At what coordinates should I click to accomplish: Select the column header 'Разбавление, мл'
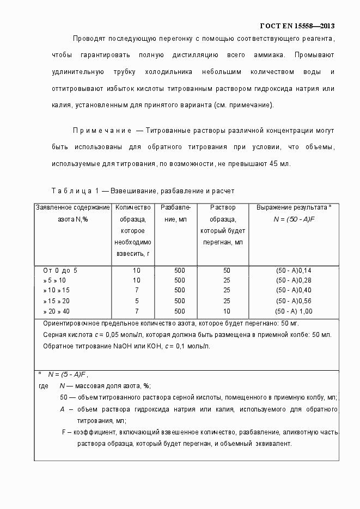(175, 213)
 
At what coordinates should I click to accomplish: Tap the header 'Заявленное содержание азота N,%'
(72, 213)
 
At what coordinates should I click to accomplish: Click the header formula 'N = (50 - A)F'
(294, 219)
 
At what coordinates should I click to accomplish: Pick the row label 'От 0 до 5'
(60, 270)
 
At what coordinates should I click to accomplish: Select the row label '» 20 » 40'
(57, 311)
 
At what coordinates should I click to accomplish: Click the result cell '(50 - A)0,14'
(294, 270)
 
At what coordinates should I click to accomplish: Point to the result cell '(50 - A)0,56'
(294, 301)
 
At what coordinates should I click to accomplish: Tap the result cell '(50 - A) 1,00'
(294, 311)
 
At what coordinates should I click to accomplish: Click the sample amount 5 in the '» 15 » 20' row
(136, 301)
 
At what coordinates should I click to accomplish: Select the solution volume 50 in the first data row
(227, 270)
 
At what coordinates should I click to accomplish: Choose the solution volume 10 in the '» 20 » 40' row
(227, 311)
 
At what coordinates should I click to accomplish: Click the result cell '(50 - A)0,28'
(294, 280)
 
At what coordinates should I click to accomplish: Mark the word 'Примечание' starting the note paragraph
(102, 131)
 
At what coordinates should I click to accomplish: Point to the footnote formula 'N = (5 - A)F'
(68, 375)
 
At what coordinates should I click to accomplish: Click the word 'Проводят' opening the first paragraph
(89, 39)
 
